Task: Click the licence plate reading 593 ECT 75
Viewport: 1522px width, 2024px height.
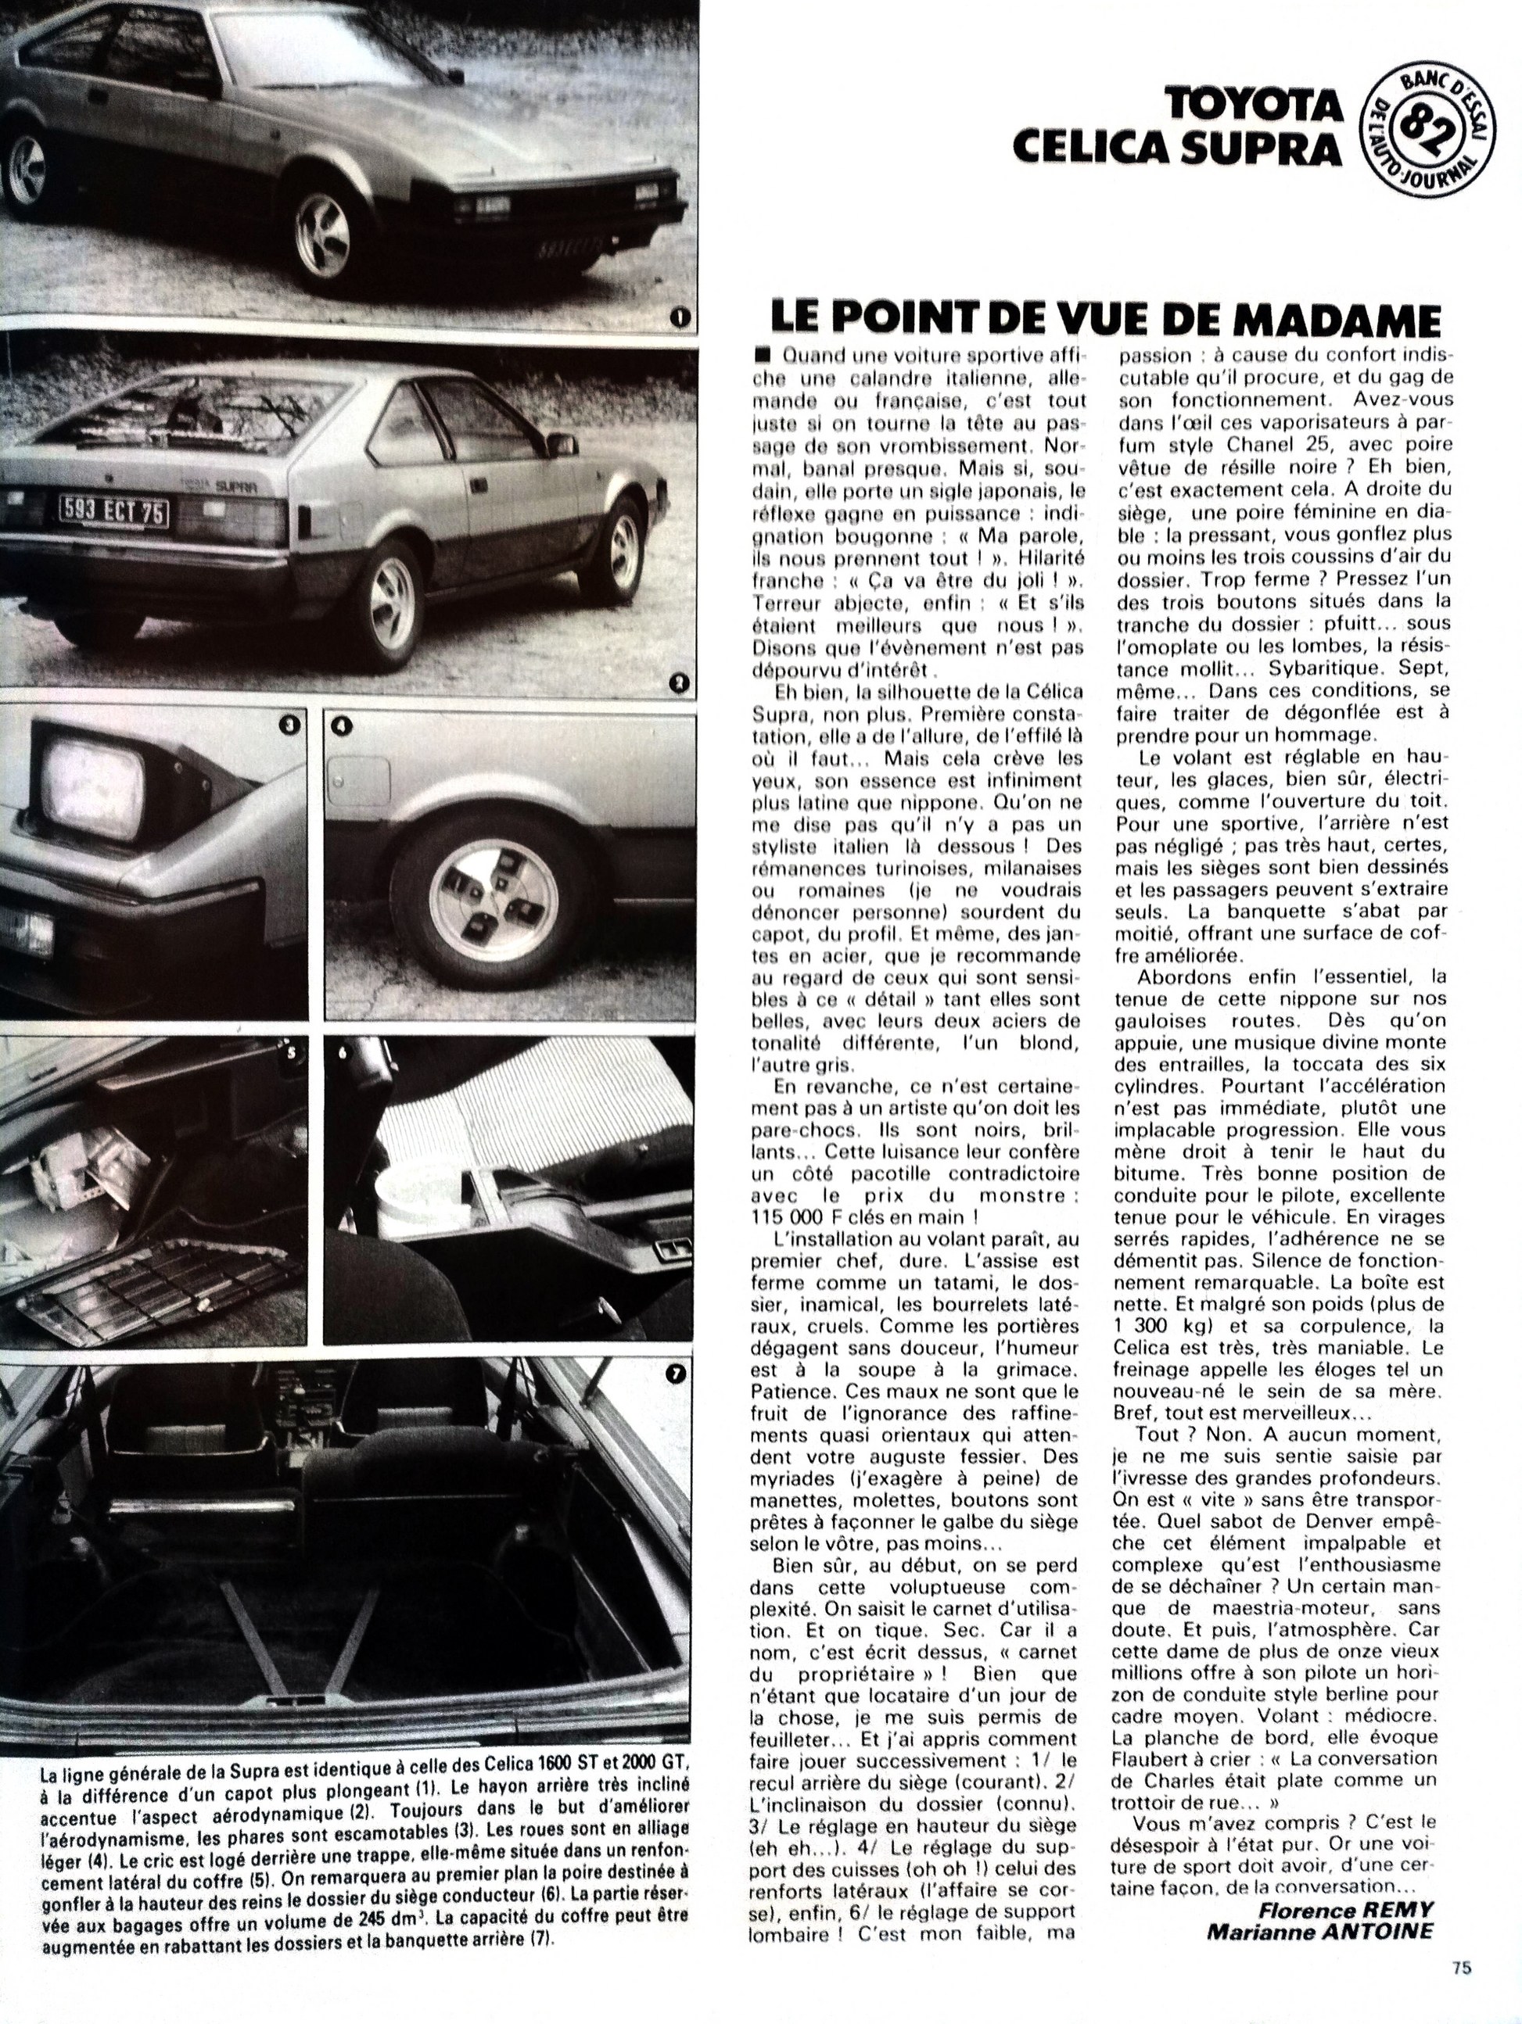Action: point(112,510)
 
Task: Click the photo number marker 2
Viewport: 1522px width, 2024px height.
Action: point(678,681)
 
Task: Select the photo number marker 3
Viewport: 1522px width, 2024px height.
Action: point(289,725)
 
